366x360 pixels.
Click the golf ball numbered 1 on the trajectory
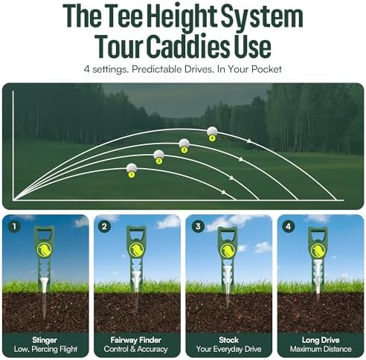[132, 168]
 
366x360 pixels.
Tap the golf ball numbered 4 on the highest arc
[212, 131]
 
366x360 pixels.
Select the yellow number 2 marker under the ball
[158, 161]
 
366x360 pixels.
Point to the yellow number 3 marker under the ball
[184, 150]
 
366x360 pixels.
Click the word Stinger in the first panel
[45, 340]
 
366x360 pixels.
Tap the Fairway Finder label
[136, 340]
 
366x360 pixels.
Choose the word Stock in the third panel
[228, 340]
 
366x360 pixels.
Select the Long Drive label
[321, 340]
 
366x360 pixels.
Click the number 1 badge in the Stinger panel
[14, 227]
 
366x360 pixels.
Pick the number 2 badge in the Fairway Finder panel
[104, 227]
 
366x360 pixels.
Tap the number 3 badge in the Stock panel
[198, 227]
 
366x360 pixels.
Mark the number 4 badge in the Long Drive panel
[288, 227]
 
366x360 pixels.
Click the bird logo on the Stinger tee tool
[45, 250]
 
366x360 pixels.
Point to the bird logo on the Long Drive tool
[318, 251]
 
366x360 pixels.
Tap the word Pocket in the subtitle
[266, 69]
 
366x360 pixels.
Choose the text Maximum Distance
[321, 349]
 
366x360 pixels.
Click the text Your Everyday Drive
[228, 349]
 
